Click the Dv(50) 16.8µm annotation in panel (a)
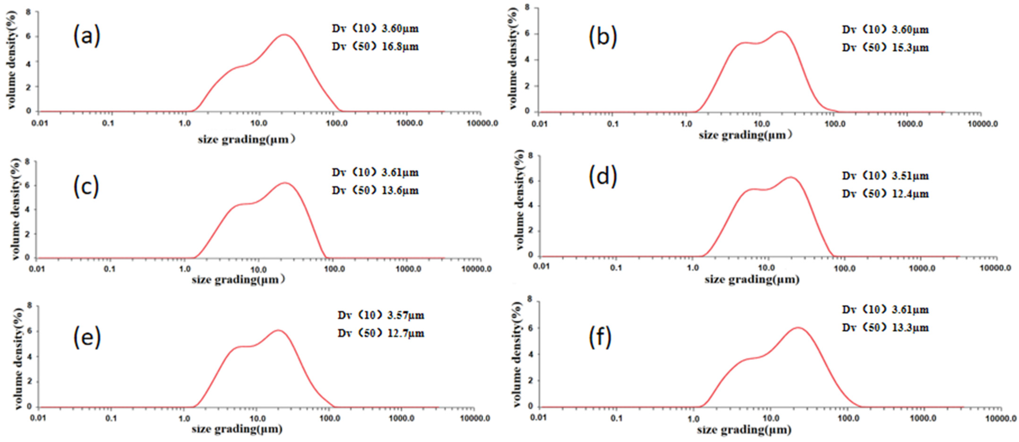(x=375, y=47)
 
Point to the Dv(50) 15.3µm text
(x=885, y=48)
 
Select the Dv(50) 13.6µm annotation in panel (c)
(x=375, y=191)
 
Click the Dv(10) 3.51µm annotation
(x=885, y=176)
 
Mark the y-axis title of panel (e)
(x=17, y=358)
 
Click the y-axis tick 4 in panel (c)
(x=27, y=209)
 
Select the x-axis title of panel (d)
(x=752, y=280)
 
